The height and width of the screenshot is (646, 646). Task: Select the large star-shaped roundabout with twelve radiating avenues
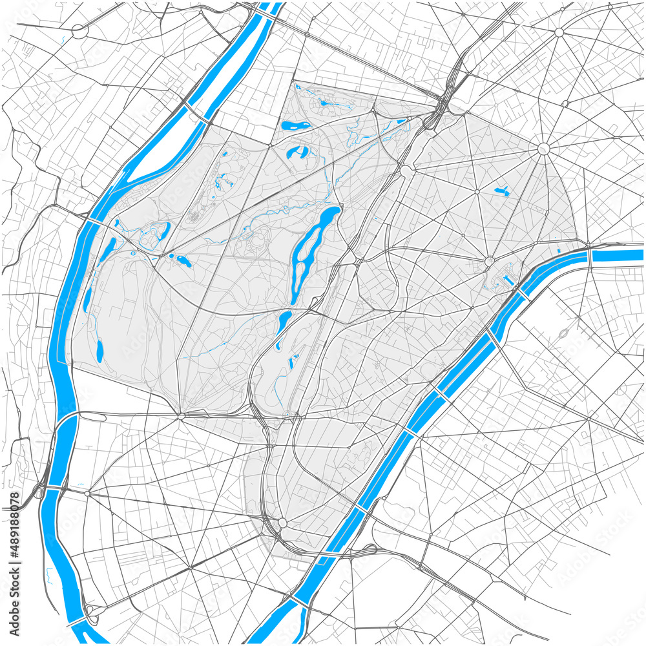click(543, 149)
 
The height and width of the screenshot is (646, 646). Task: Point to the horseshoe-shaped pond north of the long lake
click(298, 152)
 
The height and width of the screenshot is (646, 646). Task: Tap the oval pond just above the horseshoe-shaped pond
click(295, 125)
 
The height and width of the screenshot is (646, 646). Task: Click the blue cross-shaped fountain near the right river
click(508, 280)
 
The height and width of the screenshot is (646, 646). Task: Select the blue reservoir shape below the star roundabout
click(501, 191)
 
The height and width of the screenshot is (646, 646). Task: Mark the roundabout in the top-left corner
click(79, 30)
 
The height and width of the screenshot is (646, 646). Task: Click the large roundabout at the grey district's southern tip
click(282, 522)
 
